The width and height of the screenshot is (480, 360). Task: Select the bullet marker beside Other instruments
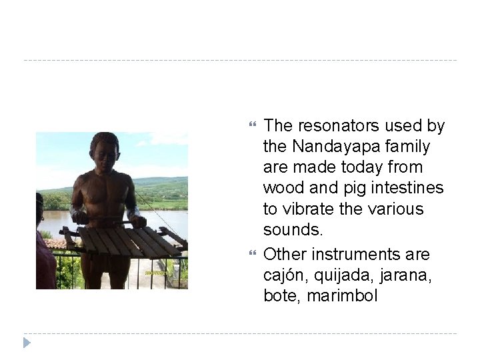[x=252, y=255]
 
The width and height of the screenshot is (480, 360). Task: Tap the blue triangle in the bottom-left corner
[x=27, y=343]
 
